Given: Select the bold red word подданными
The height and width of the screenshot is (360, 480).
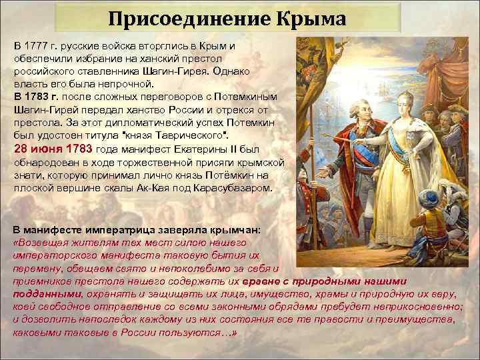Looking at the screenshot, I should (45, 293).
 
